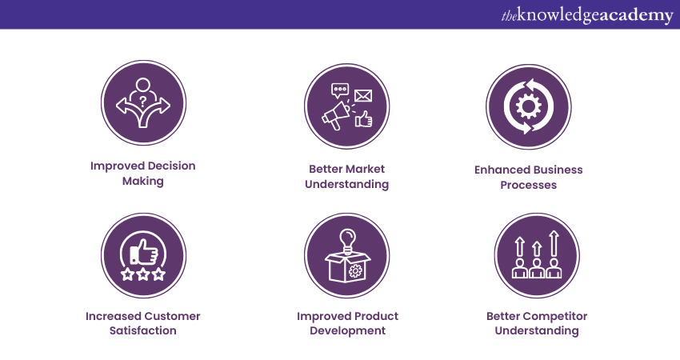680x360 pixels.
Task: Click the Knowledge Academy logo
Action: pyautogui.click(x=587, y=15)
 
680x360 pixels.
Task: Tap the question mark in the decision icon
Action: pyautogui.click(x=143, y=102)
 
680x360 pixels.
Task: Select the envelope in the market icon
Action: pyautogui.click(x=363, y=96)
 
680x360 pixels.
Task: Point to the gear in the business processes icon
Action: pyautogui.click(x=528, y=106)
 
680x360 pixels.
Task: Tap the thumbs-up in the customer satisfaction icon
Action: pyautogui.click(x=145, y=254)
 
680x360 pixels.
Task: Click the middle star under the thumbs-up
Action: pyautogui.click(x=143, y=274)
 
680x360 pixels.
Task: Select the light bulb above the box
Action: pyautogui.click(x=347, y=238)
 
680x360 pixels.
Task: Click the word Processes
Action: pyautogui.click(x=528, y=185)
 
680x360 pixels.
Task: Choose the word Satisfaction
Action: pyautogui.click(x=143, y=330)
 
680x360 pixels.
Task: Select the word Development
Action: pyautogui.click(x=347, y=330)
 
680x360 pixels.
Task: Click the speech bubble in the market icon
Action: pyautogui.click(x=340, y=90)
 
